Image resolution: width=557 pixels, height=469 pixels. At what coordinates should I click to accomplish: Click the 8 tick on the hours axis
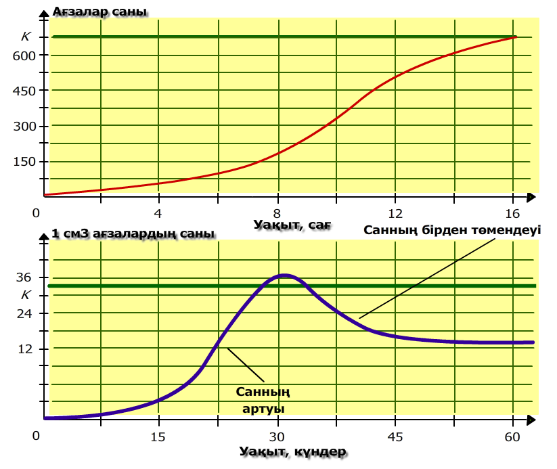[277, 214]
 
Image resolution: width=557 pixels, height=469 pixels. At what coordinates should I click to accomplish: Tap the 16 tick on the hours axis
[512, 214]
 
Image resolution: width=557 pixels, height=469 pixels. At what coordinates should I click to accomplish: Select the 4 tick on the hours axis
[159, 214]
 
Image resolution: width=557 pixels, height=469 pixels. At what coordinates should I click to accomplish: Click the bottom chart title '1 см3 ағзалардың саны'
[133, 234]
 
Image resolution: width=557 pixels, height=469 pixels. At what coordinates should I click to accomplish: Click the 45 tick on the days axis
[395, 437]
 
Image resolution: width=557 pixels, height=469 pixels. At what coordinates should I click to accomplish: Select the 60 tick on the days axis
[512, 437]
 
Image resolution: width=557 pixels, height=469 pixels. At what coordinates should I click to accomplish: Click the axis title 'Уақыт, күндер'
[292, 451]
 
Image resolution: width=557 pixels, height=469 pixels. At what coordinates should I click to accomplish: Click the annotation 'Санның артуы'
[263, 400]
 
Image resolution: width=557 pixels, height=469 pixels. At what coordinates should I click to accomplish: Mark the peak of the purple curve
[284, 275]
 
